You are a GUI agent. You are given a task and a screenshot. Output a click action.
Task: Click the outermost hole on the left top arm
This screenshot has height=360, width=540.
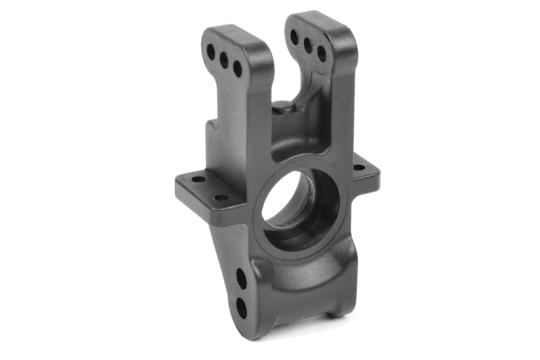point(211,51)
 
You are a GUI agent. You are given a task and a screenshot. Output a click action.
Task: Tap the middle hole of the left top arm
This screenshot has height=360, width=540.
point(224,60)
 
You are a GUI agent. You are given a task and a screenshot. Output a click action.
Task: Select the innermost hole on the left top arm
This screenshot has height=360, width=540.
point(238,68)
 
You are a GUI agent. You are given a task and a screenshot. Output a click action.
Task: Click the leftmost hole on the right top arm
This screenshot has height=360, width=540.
point(294,36)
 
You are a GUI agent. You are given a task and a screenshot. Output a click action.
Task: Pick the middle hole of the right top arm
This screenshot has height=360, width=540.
point(308,45)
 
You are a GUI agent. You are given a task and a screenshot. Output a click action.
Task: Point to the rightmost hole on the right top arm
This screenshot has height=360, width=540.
point(321,54)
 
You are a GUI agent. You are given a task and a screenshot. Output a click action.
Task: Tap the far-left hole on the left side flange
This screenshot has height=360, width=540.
point(197,180)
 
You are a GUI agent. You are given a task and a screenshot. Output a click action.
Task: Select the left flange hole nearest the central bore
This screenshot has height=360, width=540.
point(221,198)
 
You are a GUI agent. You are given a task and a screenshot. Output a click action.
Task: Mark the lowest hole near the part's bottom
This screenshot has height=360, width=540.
point(241,307)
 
